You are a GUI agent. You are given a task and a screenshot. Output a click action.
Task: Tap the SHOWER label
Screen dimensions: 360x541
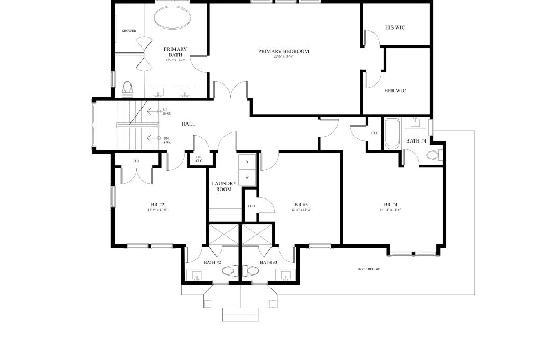click(129, 31)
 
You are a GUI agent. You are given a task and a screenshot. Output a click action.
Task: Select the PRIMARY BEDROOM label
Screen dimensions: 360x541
click(283, 51)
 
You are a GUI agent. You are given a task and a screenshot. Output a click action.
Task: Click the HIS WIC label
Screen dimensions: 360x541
click(395, 27)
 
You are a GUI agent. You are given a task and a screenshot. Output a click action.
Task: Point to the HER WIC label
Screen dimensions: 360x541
click(395, 90)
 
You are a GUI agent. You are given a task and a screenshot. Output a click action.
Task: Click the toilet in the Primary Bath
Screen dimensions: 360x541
click(127, 89)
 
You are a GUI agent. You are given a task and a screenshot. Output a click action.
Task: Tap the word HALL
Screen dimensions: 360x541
click(188, 124)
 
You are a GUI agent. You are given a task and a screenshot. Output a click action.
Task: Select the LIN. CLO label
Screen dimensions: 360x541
click(199, 158)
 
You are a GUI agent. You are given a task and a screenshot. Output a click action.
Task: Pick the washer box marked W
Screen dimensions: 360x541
click(247, 177)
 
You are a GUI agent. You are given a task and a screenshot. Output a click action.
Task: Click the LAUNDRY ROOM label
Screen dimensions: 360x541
click(224, 186)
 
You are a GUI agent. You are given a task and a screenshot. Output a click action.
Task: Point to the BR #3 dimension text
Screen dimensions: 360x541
click(301, 210)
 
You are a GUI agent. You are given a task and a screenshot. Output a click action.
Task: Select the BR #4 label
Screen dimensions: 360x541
click(390, 204)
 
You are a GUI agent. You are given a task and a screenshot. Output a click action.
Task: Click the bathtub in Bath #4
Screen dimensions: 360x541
click(391, 134)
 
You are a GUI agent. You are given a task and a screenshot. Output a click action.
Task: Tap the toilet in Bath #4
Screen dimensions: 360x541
click(433, 155)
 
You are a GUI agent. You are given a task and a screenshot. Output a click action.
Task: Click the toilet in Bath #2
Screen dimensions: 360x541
click(228, 271)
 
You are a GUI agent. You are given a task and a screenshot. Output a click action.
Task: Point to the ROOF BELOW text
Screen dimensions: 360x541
click(369, 269)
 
